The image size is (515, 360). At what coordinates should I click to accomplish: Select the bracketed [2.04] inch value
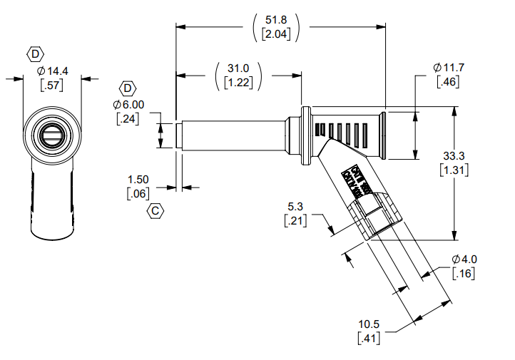pyautogui.click(x=276, y=34)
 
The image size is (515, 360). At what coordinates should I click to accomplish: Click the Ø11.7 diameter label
pyautogui.click(x=448, y=68)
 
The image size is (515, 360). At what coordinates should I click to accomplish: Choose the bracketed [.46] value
pyautogui.click(x=448, y=81)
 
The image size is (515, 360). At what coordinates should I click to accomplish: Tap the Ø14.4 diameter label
pyautogui.click(x=52, y=71)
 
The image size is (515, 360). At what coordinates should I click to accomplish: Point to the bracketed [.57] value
pyautogui.click(x=52, y=86)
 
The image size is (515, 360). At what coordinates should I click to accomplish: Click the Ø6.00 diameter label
pyautogui.click(x=128, y=104)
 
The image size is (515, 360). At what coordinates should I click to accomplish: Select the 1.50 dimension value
pyautogui.click(x=138, y=180)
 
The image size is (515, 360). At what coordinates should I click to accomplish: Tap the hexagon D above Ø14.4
pyautogui.click(x=35, y=53)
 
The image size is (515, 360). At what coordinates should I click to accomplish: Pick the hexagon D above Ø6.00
pyautogui.click(x=128, y=88)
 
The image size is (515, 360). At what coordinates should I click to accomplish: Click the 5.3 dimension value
pyautogui.click(x=295, y=207)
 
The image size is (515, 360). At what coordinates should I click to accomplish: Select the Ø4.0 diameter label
pyautogui.click(x=464, y=259)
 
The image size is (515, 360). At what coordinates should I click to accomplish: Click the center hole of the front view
pyautogui.click(x=52, y=134)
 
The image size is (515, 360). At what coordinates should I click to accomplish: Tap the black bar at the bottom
pyautogui.click(x=388, y=354)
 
